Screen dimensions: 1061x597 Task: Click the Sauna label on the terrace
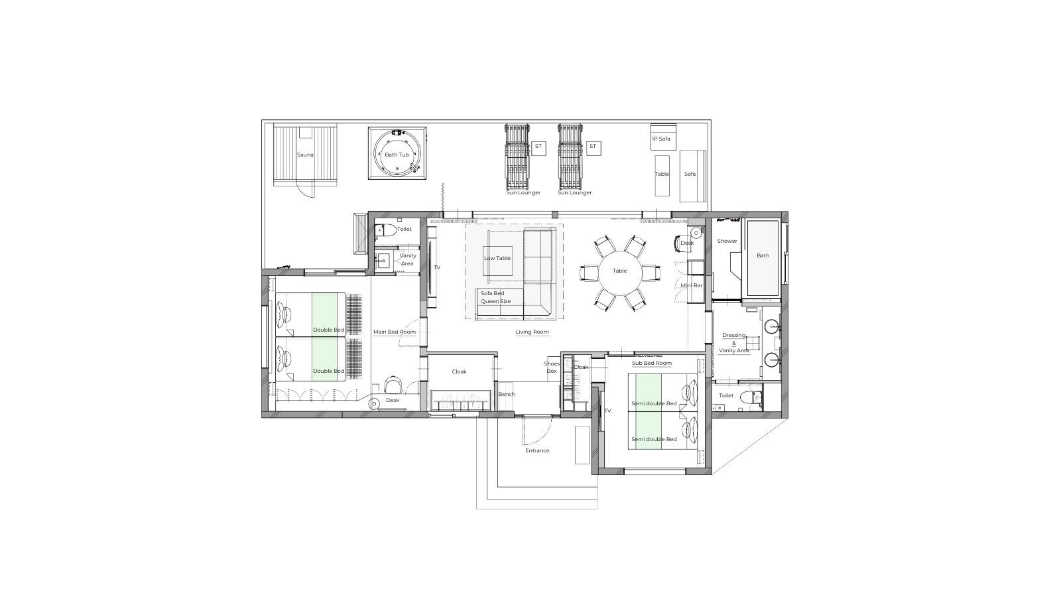click(x=305, y=155)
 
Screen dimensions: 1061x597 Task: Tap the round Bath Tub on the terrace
click(x=397, y=153)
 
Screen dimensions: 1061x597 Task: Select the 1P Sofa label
click(x=661, y=139)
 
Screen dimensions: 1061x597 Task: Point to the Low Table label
click(x=497, y=258)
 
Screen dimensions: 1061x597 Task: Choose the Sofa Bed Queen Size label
click(x=496, y=297)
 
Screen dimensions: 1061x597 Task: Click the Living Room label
click(x=532, y=332)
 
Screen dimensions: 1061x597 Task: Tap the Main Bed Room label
click(x=395, y=332)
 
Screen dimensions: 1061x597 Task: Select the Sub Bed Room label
click(x=652, y=364)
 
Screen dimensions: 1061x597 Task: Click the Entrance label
click(x=537, y=450)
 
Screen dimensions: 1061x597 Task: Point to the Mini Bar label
click(x=692, y=286)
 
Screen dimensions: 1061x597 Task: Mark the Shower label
click(x=727, y=241)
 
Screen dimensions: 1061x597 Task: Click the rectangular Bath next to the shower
click(x=763, y=257)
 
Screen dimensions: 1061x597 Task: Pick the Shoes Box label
click(x=552, y=367)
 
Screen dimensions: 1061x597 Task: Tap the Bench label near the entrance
click(x=507, y=394)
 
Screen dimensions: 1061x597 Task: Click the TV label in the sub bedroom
click(x=607, y=411)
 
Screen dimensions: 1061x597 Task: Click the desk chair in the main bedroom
click(x=393, y=385)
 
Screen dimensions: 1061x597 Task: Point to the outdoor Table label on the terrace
click(x=662, y=174)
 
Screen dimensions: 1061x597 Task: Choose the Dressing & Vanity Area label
click(x=733, y=343)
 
